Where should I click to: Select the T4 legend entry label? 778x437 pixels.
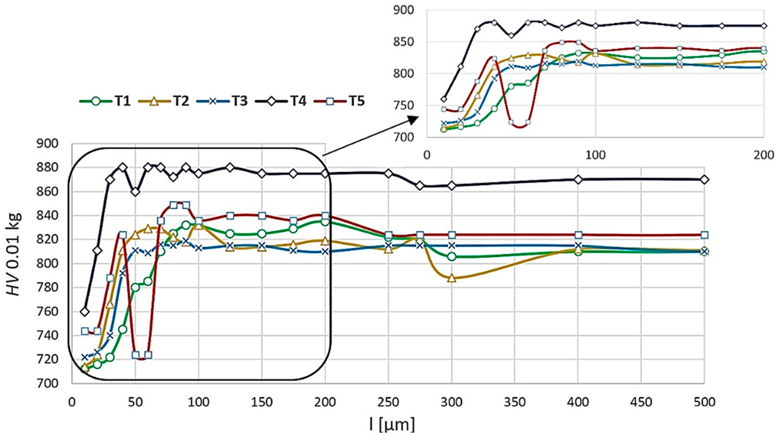click(x=298, y=101)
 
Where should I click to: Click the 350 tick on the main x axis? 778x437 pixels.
click(x=515, y=402)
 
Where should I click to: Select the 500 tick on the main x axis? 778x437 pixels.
click(x=704, y=402)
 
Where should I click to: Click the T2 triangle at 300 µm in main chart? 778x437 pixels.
click(x=452, y=278)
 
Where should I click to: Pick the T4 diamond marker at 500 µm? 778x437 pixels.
click(x=704, y=179)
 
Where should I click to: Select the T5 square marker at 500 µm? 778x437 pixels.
click(x=704, y=235)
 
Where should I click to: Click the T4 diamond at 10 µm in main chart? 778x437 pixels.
click(x=85, y=312)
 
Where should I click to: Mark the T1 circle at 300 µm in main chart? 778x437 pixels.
click(x=452, y=257)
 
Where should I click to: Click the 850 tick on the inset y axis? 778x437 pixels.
click(x=405, y=42)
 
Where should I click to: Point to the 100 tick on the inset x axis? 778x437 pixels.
click(x=595, y=155)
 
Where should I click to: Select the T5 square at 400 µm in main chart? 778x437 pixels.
click(x=578, y=235)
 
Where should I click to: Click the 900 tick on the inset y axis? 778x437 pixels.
click(x=405, y=10)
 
